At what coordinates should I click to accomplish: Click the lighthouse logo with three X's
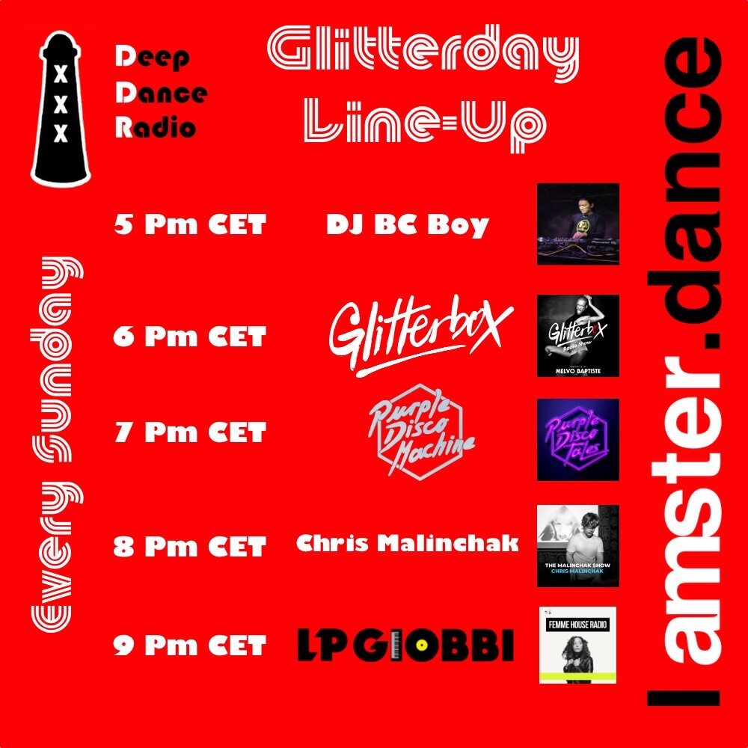click(61, 108)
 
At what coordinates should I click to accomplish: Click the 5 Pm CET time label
click(190, 224)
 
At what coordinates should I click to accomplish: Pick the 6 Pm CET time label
click(190, 337)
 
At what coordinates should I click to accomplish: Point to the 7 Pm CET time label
click(190, 432)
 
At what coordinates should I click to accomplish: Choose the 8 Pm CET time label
click(190, 547)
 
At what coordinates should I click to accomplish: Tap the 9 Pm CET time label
click(190, 645)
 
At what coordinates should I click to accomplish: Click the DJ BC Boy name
click(408, 224)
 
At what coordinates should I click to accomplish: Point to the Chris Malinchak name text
click(408, 544)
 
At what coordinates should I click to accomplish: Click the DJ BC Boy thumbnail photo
click(578, 224)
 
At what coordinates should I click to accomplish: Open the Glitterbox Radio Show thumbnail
click(578, 335)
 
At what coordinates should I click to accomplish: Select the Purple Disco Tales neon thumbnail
click(578, 439)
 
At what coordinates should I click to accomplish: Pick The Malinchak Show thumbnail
click(578, 545)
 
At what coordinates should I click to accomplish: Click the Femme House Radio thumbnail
click(578, 645)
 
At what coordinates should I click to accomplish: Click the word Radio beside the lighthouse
click(156, 127)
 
